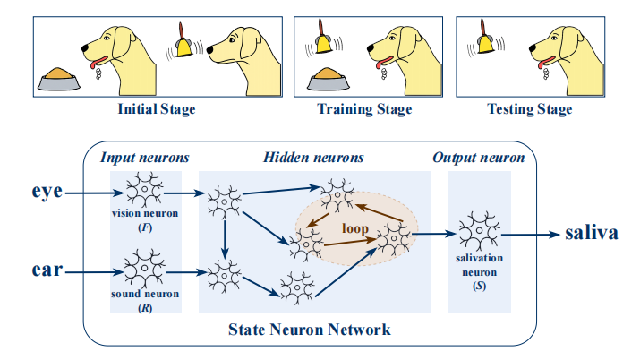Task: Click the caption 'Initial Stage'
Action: click(x=156, y=110)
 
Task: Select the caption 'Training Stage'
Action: click(x=364, y=110)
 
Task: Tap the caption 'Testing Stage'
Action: click(x=529, y=110)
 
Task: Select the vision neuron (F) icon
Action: click(x=145, y=191)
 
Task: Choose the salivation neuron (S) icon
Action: click(x=482, y=231)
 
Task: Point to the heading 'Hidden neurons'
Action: click(x=313, y=158)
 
